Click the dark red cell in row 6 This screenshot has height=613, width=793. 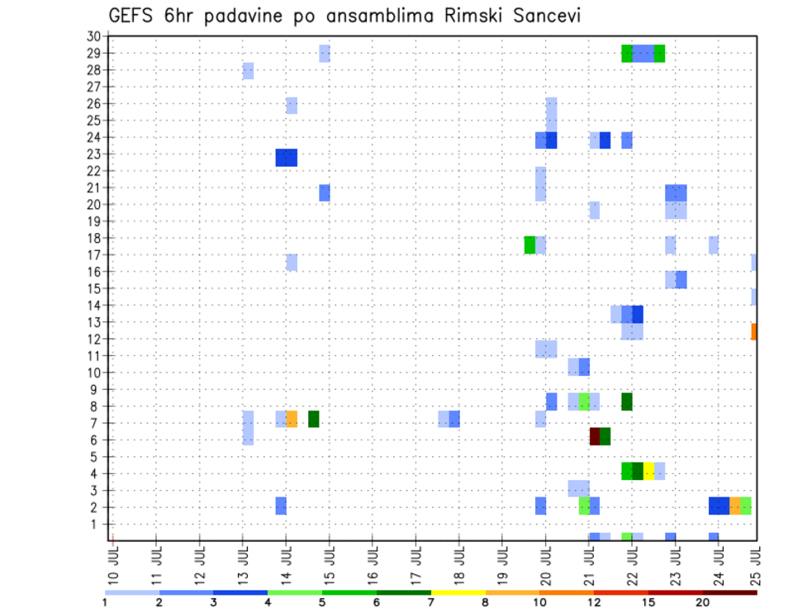point(595,436)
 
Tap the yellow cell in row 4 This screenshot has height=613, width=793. point(648,471)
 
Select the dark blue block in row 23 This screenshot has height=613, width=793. point(286,157)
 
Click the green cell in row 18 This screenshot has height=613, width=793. point(529,245)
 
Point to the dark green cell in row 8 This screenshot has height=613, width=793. point(627,402)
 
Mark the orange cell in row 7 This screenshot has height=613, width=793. point(292,419)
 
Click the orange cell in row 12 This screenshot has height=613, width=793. point(753,331)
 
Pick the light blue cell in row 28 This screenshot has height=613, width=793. point(248,71)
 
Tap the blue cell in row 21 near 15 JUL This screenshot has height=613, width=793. point(325,192)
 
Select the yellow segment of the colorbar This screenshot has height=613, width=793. point(458,592)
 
